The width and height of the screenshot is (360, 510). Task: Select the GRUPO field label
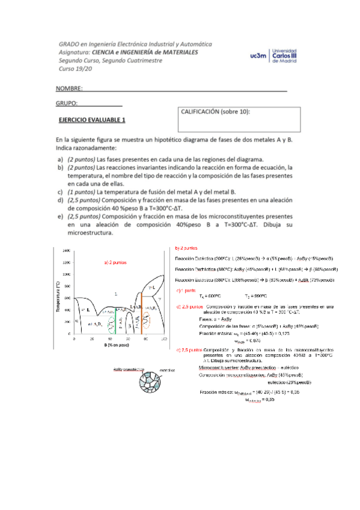tap(67, 103)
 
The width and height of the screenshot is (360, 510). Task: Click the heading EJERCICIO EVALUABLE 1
tap(91, 120)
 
